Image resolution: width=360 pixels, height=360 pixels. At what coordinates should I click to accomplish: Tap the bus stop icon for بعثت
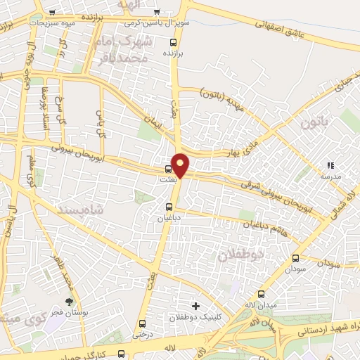[x=168, y=169]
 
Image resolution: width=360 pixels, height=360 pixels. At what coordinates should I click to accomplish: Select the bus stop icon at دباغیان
[x=169, y=207]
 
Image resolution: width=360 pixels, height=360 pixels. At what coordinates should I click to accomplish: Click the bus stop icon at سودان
[x=295, y=258]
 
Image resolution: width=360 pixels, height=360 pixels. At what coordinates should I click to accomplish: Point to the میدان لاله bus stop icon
[x=262, y=294]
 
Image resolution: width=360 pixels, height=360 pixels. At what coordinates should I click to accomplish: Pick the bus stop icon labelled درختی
[x=143, y=323]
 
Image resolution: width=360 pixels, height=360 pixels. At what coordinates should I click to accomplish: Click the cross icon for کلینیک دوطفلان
[x=195, y=306]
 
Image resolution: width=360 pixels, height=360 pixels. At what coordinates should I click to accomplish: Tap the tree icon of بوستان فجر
[x=68, y=301]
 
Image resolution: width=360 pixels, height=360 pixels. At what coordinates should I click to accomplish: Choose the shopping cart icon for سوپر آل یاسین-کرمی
[x=156, y=12]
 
